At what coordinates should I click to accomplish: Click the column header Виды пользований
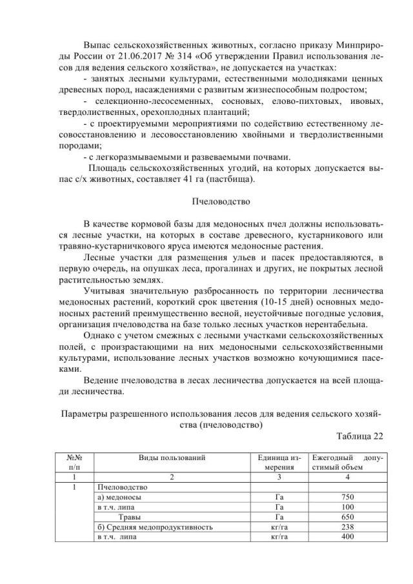point(172,457)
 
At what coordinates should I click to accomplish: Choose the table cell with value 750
point(348,498)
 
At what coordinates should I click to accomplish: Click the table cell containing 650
point(348,517)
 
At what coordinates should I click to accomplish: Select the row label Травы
point(129,517)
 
